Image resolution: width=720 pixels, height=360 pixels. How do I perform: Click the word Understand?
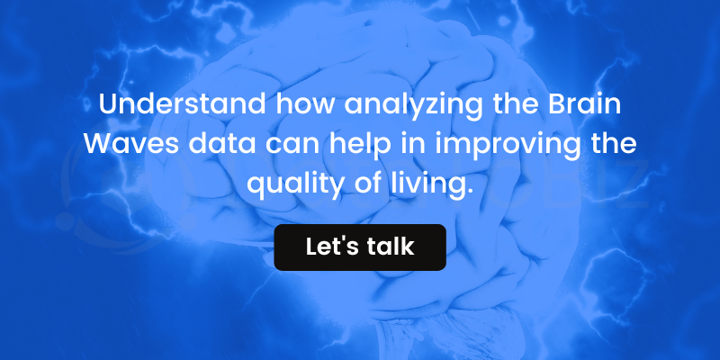click(x=182, y=104)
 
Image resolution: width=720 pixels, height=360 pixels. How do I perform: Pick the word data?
click(x=222, y=144)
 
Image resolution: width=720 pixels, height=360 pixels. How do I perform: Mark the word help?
click(x=360, y=146)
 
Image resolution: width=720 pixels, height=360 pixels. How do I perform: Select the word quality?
click(x=296, y=186)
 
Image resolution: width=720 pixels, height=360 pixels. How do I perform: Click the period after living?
click(x=469, y=193)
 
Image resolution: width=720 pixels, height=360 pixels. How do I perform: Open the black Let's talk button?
click(x=360, y=247)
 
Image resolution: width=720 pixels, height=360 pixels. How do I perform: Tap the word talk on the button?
click(x=391, y=247)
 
